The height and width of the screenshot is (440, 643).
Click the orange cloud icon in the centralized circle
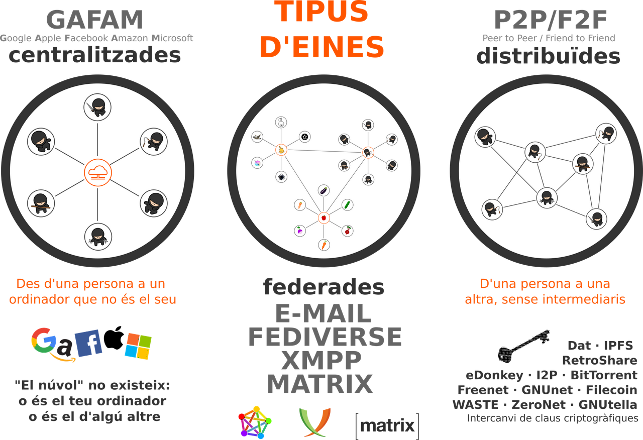pos(98,173)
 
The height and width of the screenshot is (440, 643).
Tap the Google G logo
pos(44,340)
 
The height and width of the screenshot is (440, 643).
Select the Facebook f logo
pos(88,343)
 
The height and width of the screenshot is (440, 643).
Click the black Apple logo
pos(114,338)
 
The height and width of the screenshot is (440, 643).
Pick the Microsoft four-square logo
pos(138,346)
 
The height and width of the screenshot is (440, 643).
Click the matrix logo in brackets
pos(387,426)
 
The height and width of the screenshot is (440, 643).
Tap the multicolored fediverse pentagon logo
pos(255,422)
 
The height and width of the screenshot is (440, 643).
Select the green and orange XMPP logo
pos(315,422)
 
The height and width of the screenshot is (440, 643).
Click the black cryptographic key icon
pos(523,347)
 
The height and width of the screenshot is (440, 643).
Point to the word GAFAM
pos(95,20)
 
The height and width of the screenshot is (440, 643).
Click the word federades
pos(324,287)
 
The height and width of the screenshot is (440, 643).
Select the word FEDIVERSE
pos(325,337)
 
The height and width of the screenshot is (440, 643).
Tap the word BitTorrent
pos(604,375)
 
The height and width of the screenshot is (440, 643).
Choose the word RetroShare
pos(600,360)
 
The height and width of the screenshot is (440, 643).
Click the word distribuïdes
pos(548,56)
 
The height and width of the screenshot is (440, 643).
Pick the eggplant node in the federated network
pos(324,190)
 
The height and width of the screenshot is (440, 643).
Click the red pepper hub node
pos(324,218)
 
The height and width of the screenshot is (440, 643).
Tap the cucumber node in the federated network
pos(347,205)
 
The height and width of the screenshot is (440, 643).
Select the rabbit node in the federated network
pos(281,122)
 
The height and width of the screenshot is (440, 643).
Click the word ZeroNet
pos(539,405)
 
